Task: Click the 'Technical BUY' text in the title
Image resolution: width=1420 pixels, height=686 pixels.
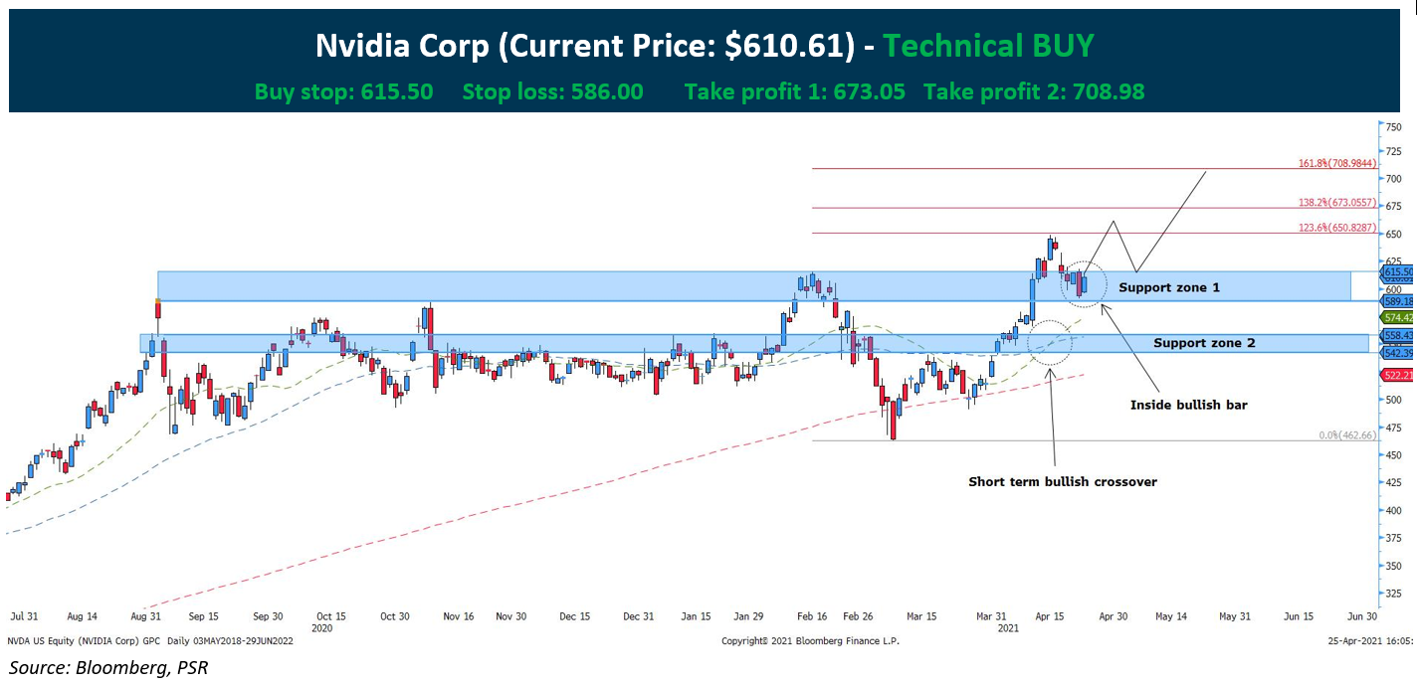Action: point(988,46)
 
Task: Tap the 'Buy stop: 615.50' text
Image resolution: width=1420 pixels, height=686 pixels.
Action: point(343,92)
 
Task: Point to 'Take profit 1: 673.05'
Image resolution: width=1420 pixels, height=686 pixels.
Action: point(794,92)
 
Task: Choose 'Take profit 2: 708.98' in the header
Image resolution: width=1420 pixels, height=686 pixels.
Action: point(1034,92)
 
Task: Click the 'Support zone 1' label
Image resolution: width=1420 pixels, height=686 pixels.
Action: point(1168,287)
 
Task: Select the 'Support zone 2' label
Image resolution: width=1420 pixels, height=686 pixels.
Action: point(1204,343)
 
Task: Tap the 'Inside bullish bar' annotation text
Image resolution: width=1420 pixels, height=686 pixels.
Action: point(1188,405)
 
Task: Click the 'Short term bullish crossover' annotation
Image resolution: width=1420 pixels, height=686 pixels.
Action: point(1063,482)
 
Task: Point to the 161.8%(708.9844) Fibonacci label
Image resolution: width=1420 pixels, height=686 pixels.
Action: point(1337,163)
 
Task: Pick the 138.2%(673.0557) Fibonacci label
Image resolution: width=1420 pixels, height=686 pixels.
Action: point(1337,202)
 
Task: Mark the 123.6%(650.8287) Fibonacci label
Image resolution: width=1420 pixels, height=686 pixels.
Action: point(1337,228)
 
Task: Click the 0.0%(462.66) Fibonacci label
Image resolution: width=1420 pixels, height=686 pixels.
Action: point(1346,435)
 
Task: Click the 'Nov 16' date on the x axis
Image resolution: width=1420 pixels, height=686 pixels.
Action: point(458,616)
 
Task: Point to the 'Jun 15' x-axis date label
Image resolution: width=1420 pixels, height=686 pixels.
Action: point(1298,616)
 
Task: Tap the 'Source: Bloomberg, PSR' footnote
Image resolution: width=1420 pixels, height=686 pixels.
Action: point(109,667)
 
